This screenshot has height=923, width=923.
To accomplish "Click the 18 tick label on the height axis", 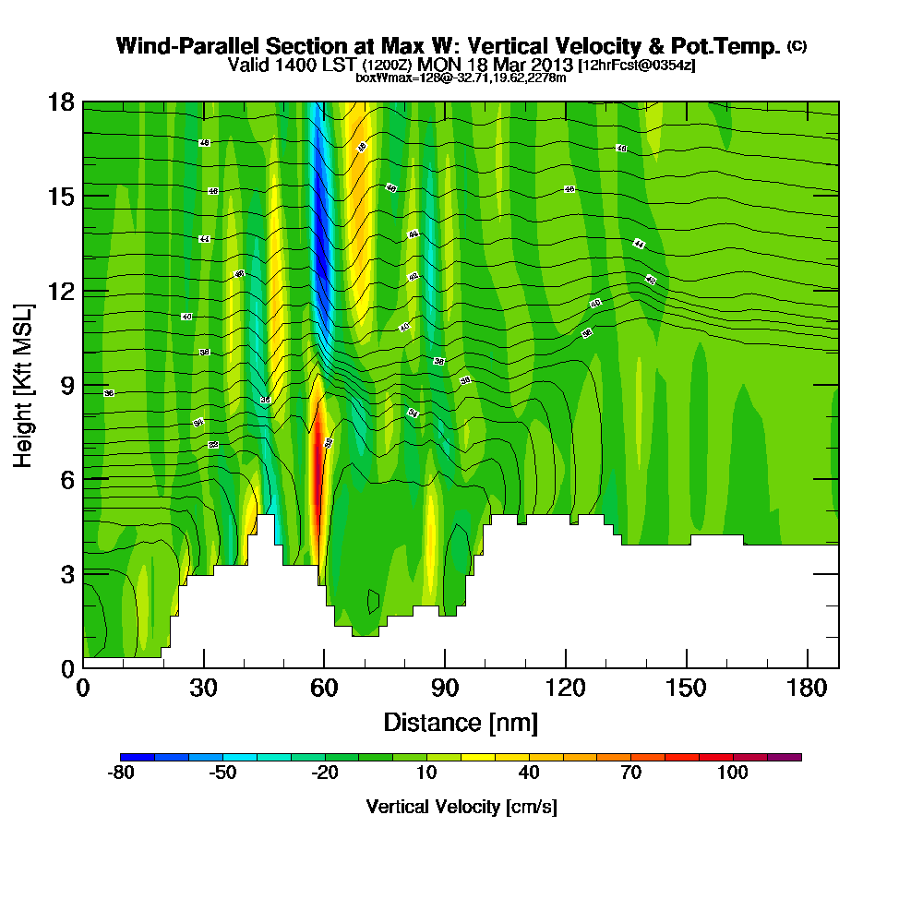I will (62, 102).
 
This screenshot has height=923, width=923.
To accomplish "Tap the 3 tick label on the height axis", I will (68, 573).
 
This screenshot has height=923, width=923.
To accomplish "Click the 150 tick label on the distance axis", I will (687, 687).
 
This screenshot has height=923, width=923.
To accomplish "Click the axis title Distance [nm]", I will (461, 722).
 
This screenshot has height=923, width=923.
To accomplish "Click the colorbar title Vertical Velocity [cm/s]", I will (461, 807).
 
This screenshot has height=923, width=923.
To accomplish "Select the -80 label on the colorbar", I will (122, 773).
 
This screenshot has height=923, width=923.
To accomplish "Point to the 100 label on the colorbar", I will (733, 773).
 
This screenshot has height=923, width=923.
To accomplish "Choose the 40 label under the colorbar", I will (529, 773).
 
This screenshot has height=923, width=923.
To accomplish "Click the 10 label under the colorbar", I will (426, 773).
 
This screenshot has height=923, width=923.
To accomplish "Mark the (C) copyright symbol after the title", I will (797, 46).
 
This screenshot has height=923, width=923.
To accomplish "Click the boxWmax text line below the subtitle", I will (461, 78).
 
